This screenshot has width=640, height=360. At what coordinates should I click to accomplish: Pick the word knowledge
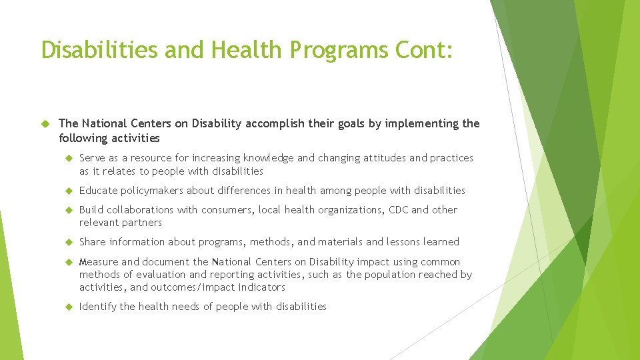point(269,158)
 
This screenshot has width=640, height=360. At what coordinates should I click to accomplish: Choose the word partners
point(141,223)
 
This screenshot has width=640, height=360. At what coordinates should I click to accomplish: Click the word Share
point(93,242)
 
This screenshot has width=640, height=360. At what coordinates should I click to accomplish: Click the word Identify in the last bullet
point(98,307)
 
